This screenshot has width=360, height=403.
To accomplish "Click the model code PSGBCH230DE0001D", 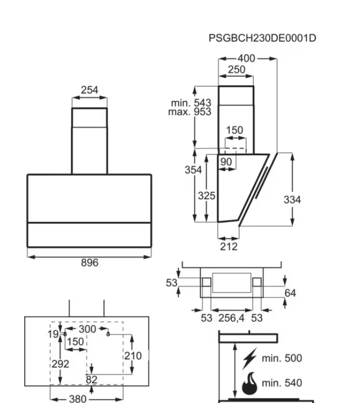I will (263, 38).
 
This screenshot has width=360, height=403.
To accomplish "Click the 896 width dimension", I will (89, 263).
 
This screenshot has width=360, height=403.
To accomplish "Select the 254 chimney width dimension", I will (89, 90).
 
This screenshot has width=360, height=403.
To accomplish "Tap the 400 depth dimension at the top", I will (246, 58).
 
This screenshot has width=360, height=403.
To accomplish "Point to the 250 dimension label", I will (236, 70).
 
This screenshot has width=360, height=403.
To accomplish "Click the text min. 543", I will (191, 104).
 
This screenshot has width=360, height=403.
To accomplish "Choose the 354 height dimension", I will (193, 170).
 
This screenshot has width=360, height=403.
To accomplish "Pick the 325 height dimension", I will (207, 196).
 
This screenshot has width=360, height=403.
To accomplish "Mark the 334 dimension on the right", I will (292, 200).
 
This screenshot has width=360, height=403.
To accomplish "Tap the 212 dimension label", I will (229, 247).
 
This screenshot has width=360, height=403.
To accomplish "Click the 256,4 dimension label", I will (232, 318).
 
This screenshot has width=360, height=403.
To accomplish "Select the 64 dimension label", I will (290, 293).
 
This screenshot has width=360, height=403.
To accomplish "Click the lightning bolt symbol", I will (249, 358).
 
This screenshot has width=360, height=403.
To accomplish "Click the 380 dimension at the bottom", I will (78, 399).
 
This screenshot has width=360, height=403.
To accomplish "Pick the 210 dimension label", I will (133, 356).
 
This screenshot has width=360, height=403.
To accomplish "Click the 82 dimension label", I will (91, 380).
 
